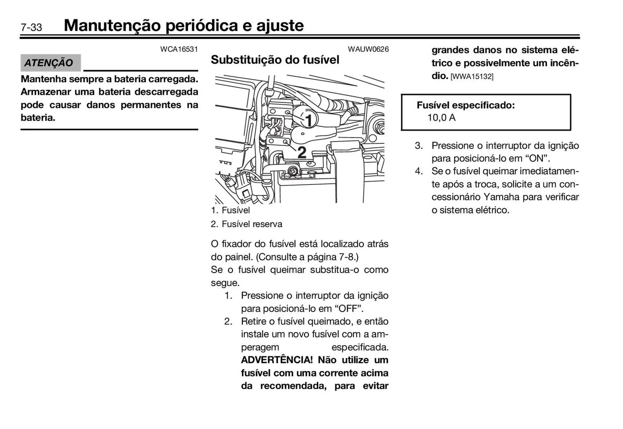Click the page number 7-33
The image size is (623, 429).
(31, 27)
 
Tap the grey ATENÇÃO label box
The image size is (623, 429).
(50, 63)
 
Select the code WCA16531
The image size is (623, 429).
(179, 49)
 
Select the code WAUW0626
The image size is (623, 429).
(368, 49)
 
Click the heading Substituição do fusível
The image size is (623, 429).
(275, 60)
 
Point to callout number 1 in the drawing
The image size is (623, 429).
(308, 120)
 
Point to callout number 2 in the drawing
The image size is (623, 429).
(302, 152)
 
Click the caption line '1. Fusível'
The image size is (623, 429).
(230, 210)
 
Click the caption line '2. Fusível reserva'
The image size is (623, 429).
(247, 224)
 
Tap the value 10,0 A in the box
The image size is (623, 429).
(441, 118)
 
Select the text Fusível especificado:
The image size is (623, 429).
(466, 105)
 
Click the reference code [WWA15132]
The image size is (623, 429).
(472, 77)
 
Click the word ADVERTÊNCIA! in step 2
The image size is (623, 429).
(277, 360)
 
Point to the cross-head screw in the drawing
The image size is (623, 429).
(293, 171)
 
